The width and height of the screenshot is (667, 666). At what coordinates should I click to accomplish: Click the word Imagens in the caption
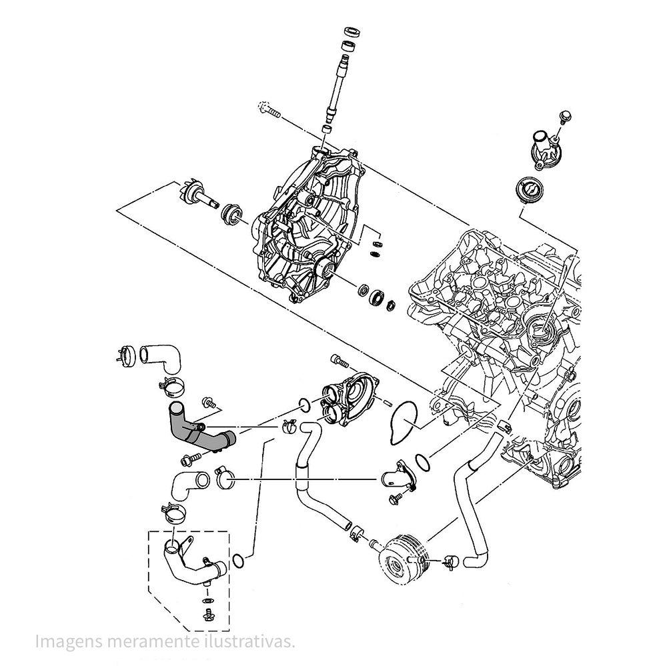pyautogui.click(x=66, y=641)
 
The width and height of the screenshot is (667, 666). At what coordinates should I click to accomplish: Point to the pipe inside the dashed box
pyautogui.click(x=190, y=567)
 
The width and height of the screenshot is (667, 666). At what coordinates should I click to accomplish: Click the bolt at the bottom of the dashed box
pyautogui.click(x=208, y=615)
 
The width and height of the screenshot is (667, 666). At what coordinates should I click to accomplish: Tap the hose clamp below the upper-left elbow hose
pyautogui.click(x=172, y=385)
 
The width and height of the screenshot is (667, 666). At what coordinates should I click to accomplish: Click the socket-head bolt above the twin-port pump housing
pyautogui.click(x=342, y=362)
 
